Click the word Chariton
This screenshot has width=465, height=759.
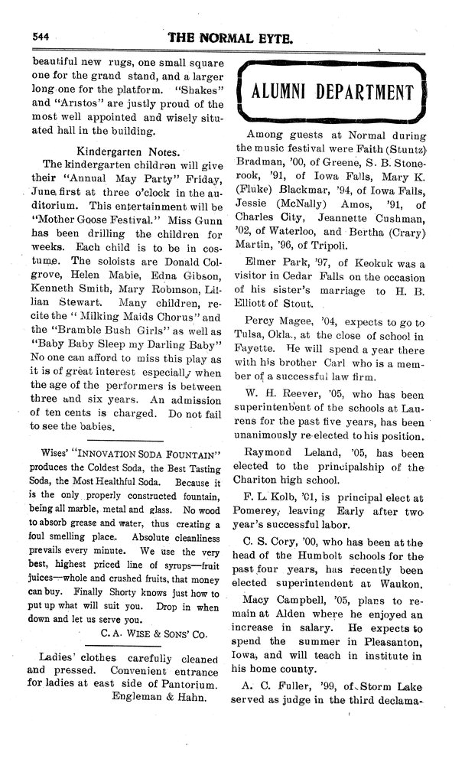pyautogui.click(x=262, y=480)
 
